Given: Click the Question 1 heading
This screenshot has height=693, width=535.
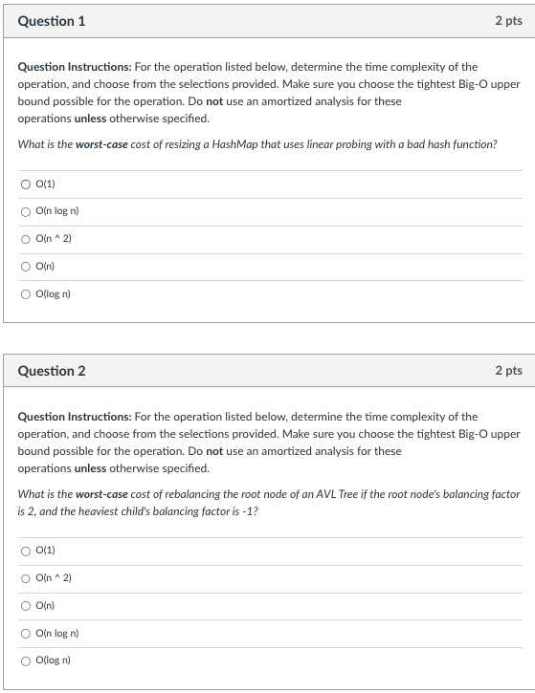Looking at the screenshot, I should pyautogui.click(x=51, y=21).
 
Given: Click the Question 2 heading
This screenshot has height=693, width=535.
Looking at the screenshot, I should pyautogui.click(x=51, y=371).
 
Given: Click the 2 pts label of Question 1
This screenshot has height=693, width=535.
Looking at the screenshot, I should pyautogui.click(x=508, y=21).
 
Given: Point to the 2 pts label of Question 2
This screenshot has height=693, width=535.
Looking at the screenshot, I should pyautogui.click(x=508, y=371).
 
